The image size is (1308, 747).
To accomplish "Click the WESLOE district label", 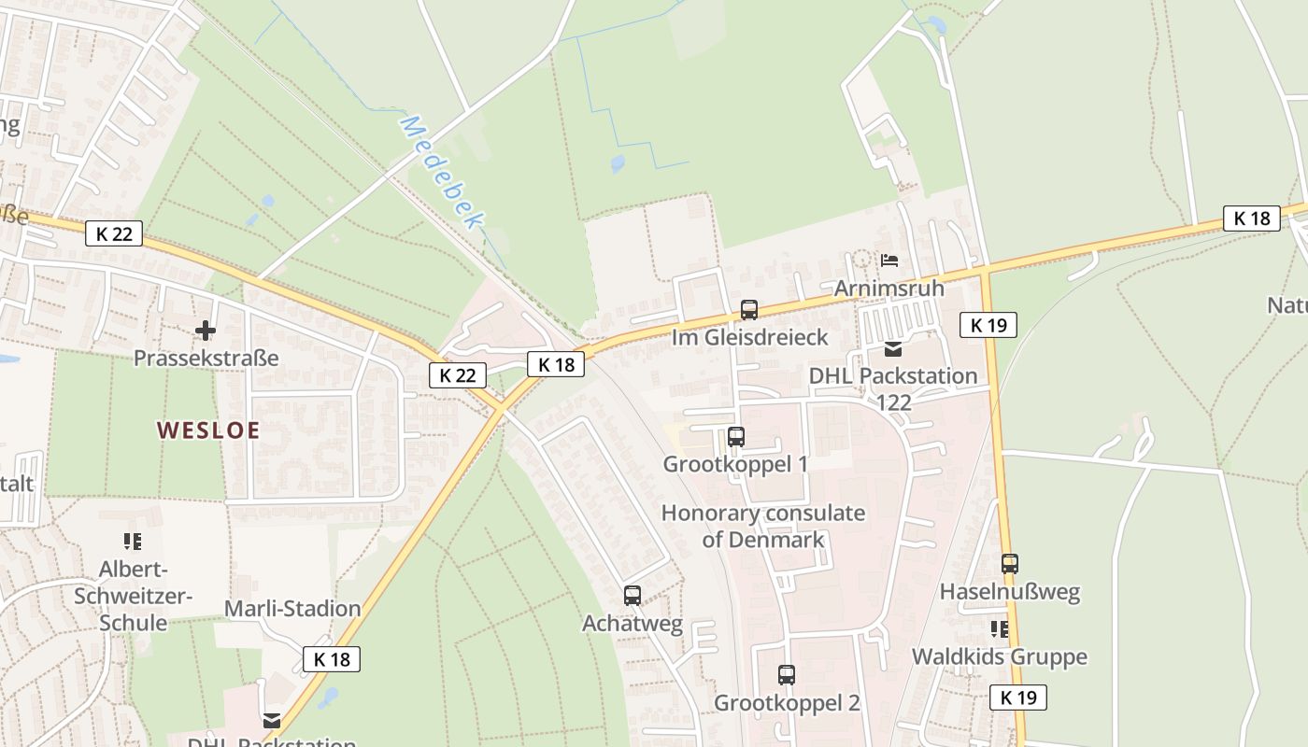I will coord(207,430).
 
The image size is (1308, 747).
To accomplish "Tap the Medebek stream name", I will coord(442,173).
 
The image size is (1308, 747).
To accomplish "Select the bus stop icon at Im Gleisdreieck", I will coord(749,310).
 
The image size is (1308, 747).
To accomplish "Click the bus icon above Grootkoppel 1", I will coord(736,436).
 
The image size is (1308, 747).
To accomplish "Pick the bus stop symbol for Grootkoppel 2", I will coord(787,675).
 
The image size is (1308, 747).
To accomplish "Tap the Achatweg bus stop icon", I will coord(633,595).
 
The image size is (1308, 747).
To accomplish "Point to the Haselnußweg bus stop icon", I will coord(1010,564).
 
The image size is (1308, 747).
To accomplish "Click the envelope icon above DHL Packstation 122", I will coord(893,349).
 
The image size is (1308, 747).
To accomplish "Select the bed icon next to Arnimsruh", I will coord(889,260).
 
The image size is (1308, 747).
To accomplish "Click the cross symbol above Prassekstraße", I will coord(206,331).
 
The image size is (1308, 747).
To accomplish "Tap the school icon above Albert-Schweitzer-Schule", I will coord(133,541).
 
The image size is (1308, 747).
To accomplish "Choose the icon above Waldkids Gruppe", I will coord(1000,629).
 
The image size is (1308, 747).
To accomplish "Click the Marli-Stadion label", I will coord(292,609).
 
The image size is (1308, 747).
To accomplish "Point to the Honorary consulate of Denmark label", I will coord(763,526).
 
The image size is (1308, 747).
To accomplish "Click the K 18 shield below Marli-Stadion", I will coord(332,659).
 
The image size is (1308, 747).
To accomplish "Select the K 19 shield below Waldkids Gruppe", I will coord(1018,697).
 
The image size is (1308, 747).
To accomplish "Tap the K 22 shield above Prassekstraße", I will coord(114,233).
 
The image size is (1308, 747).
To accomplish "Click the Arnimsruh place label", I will coord(889,288).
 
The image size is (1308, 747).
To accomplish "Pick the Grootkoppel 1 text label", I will coord(735,464).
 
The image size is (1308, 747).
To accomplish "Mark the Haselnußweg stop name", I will coord(1010,592).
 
